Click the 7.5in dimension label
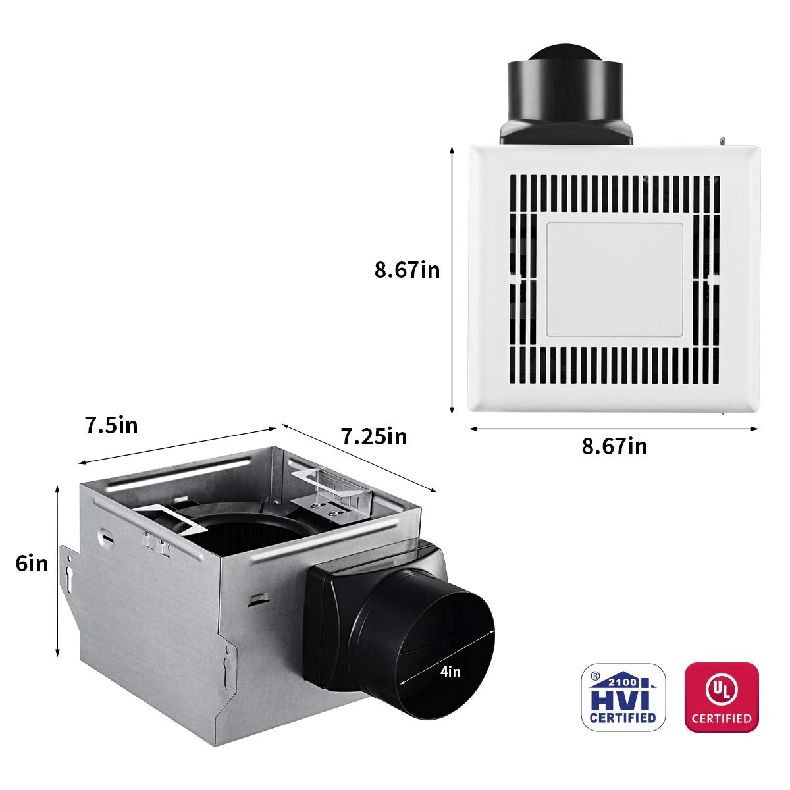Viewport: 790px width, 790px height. tap(111, 425)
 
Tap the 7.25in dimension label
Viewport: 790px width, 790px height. tap(373, 436)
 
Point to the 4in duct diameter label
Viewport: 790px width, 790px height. tap(450, 671)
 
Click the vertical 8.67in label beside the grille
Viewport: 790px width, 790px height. tap(407, 270)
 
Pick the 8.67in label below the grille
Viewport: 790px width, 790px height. tap(614, 446)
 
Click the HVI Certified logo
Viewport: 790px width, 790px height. tap(623, 697)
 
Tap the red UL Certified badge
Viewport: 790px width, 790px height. tap(722, 697)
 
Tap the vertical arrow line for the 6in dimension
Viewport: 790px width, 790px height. tap(58, 570)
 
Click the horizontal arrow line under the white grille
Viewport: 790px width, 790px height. tap(614, 429)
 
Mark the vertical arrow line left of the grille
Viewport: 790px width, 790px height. tap(452, 280)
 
